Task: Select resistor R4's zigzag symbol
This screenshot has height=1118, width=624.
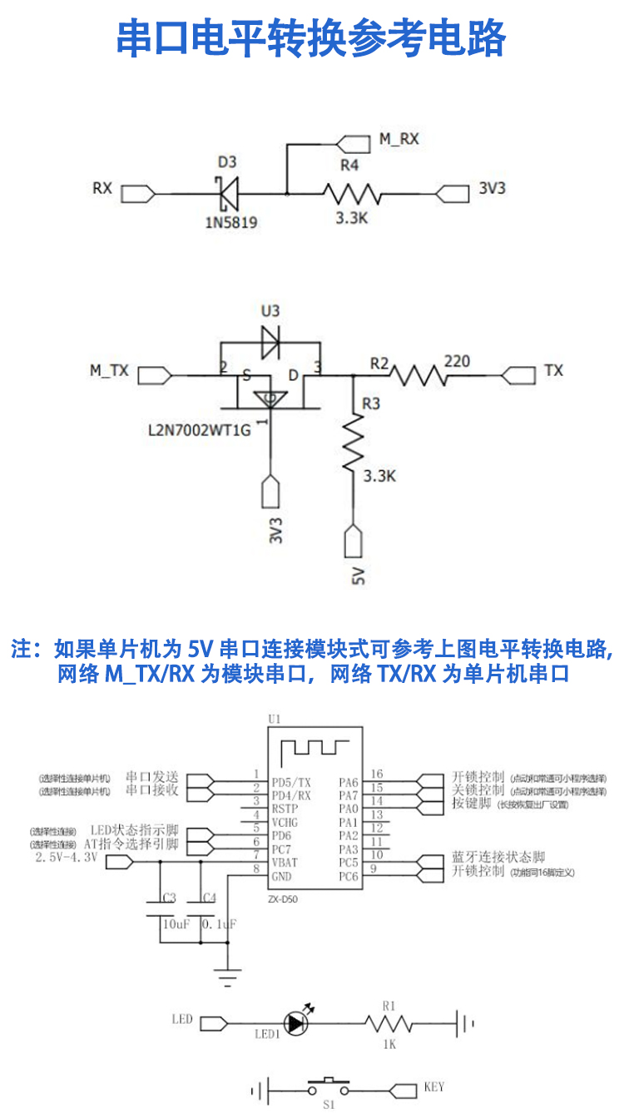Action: tap(351, 194)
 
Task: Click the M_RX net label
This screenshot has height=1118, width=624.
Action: tap(399, 139)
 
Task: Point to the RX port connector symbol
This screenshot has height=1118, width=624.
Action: tap(138, 194)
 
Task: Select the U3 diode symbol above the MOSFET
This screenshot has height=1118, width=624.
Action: tap(270, 340)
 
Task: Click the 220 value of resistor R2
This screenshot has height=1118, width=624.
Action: tap(457, 361)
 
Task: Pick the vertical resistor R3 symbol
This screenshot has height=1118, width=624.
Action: tap(353, 442)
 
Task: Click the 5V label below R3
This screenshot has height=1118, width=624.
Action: tap(359, 575)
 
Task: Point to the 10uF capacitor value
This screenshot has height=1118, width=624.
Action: tap(176, 924)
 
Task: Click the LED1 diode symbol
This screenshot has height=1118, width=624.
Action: tap(295, 1023)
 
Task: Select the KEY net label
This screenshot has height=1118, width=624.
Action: tap(433, 1086)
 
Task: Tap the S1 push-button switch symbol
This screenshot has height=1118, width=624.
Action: tap(328, 1086)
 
